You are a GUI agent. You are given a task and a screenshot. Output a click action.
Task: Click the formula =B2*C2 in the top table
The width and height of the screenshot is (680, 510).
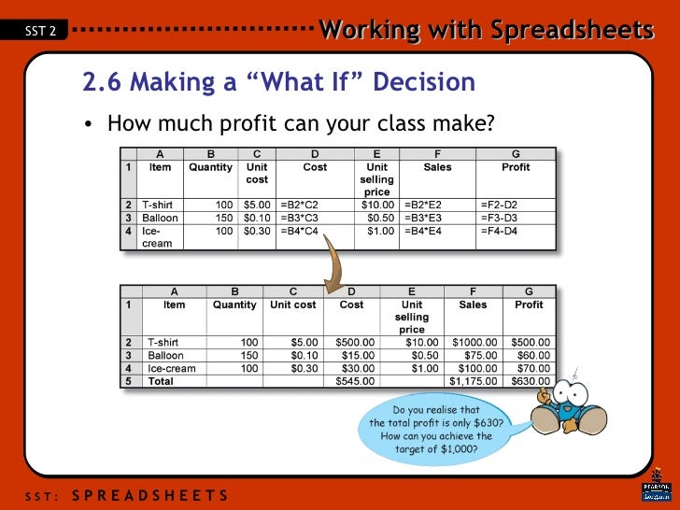(299, 204)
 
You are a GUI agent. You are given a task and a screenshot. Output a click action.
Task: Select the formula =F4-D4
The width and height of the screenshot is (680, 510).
(500, 230)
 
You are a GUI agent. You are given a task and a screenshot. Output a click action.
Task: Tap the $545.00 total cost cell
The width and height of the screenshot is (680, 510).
(354, 381)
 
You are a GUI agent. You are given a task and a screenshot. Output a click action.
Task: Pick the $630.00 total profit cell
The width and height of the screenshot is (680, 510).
(531, 381)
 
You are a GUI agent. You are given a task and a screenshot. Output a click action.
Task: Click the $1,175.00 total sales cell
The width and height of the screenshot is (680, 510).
(474, 381)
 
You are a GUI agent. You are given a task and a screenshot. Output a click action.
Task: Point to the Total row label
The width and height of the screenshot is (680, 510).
(161, 381)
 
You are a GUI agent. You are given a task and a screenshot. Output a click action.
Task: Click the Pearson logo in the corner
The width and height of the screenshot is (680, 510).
(656, 491)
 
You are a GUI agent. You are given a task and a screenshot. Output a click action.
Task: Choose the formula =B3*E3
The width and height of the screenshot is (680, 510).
(423, 217)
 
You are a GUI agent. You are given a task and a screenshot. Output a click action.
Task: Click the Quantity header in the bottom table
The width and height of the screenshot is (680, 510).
(234, 305)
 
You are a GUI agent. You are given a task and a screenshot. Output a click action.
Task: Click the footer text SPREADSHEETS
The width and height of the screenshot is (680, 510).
(149, 494)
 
